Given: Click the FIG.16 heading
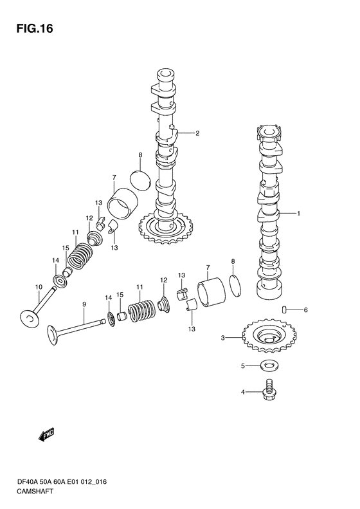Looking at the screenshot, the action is (34, 29).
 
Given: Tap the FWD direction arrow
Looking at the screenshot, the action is (46, 435).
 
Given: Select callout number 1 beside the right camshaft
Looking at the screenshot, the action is (298, 214).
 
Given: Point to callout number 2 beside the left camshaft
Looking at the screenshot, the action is (197, 133).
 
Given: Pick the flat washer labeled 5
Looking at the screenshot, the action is (269, 367).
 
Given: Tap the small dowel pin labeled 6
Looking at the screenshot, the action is (284, 310).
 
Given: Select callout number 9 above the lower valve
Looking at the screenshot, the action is (84, 304).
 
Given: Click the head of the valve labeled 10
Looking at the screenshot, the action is (30, 319).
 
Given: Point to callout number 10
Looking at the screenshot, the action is (39, 287).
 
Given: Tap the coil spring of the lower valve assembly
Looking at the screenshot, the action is (142, 311).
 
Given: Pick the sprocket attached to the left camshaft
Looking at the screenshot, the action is (166, 227).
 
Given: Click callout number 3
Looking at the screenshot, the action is (223, 338).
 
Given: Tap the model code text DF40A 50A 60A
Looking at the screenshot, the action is (50, 482).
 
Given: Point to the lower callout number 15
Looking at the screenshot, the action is (120, 295).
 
